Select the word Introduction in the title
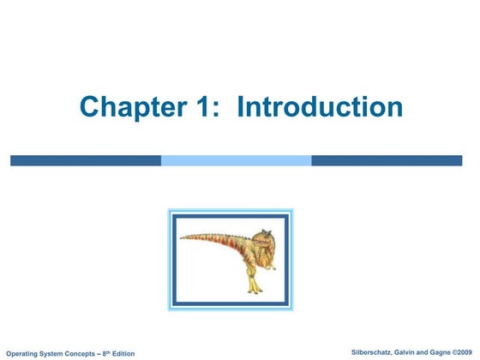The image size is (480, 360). pos(320,107)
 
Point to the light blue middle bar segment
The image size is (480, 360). pos(236,160)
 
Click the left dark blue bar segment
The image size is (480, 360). pos(86,160)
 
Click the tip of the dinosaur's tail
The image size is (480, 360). pos(181,237)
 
